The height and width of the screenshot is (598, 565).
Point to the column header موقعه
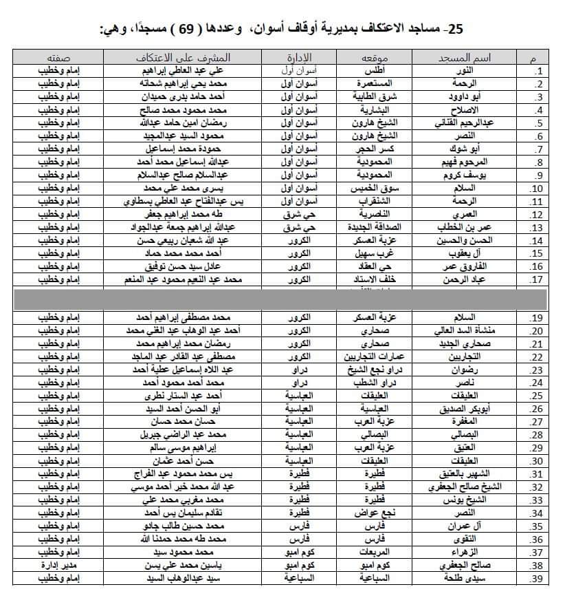pyautogui.click(x=377, y=57)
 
